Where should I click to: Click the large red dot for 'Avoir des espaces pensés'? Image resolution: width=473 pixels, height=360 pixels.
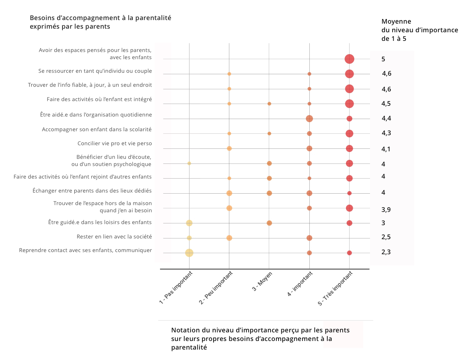coord(349,59)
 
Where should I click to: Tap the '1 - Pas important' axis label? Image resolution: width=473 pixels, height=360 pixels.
coord(176,288)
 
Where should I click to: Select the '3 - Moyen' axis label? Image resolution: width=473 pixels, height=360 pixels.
coord(262,281)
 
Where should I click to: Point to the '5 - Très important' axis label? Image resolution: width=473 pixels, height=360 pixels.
coord(335,288)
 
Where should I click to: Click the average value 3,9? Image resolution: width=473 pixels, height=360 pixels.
coord(386,210)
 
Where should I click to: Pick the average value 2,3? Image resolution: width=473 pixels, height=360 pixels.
coord(386,252)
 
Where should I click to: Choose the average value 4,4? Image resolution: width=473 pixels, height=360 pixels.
coord(386,118)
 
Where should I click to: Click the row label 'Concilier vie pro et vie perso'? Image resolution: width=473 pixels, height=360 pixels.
coord(114,143)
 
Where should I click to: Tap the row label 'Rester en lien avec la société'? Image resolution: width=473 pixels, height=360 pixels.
coord(114,237)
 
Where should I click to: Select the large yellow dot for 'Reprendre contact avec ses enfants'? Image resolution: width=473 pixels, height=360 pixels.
coord(189,253)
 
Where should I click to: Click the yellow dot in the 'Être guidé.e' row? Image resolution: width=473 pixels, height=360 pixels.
coord(189,223)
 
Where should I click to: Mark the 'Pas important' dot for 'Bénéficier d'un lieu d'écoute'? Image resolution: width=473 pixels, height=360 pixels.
coord(189,164)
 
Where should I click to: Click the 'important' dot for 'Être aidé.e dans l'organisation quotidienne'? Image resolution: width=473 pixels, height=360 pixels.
coord(309,119)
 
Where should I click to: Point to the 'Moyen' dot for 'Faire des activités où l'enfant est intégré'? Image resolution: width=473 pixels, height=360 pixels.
coord(269,104)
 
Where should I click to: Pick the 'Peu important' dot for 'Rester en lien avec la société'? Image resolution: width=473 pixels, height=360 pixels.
coord(229,238)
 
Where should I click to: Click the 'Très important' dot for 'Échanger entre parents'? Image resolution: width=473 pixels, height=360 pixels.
coord(349,193)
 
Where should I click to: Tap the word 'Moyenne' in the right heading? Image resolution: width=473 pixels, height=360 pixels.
coord(396,22)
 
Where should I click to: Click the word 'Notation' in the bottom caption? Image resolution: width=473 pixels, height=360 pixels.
coord(185,330)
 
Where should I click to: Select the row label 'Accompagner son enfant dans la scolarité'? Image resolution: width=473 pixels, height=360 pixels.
coord(97,129)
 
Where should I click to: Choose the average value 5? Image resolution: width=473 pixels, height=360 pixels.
coord(383,59)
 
